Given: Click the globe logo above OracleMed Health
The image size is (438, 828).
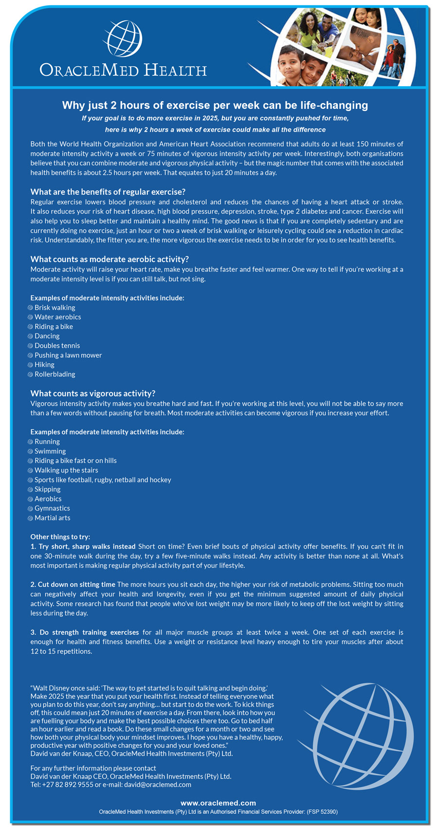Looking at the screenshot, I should (124, 38).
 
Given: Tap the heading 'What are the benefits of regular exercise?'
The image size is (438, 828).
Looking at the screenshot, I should (108, 192).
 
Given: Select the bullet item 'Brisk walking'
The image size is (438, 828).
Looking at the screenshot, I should (55, 308).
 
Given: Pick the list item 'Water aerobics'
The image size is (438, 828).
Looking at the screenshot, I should (57, 317).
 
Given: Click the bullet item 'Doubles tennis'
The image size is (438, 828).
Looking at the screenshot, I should (57, 346).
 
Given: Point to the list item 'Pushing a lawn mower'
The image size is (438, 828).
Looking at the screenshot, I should (68, 355).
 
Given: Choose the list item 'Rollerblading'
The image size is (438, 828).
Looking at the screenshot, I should (55, 374).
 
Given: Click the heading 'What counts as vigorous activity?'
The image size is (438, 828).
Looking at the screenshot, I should (93, 393).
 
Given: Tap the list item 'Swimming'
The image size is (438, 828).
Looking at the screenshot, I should (50, 451).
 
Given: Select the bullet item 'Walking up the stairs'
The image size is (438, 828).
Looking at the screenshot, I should (66, 470).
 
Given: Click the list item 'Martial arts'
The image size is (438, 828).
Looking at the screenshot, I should (52, 518).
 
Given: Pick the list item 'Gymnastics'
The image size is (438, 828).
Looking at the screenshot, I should (52, 508).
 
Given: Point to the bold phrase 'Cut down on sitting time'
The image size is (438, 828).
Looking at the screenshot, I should (76, 584).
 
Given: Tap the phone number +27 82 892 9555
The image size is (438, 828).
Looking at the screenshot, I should (68, 785).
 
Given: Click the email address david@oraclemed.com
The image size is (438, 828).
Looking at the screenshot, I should (158, 785).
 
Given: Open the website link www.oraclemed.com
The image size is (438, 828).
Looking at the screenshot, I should (218, 803).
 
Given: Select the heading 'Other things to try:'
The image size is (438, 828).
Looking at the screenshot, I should (60, 537).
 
